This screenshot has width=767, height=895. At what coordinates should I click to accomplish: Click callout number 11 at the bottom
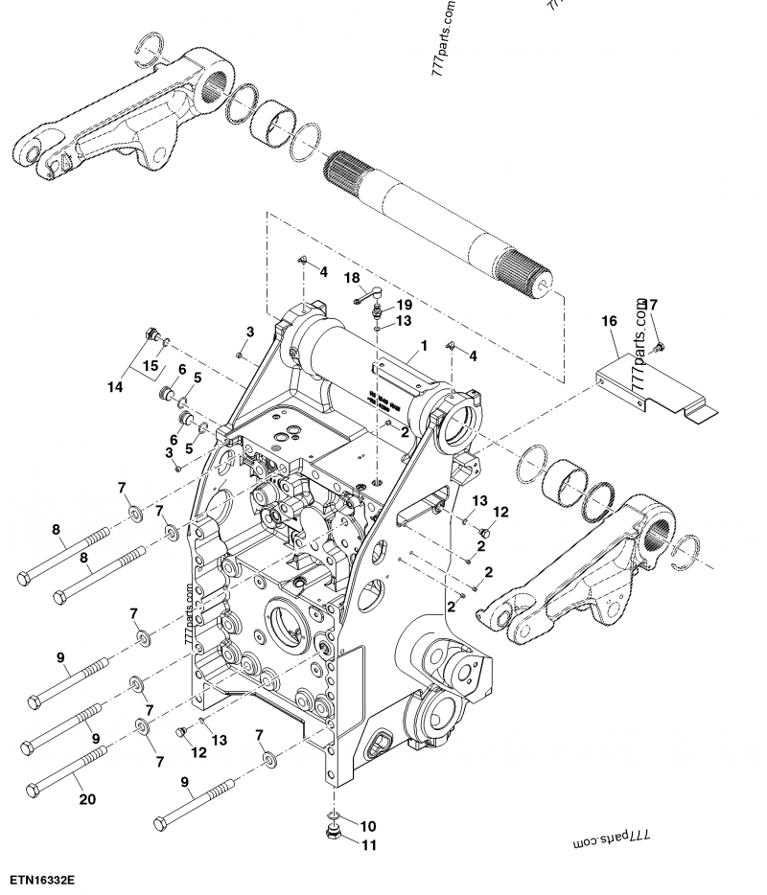[369, 844]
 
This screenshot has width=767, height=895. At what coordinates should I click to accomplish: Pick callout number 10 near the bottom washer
[369, 824]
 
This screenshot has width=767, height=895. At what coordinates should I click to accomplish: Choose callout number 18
[352, 277]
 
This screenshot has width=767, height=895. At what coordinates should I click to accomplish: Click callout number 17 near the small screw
[651, 305]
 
